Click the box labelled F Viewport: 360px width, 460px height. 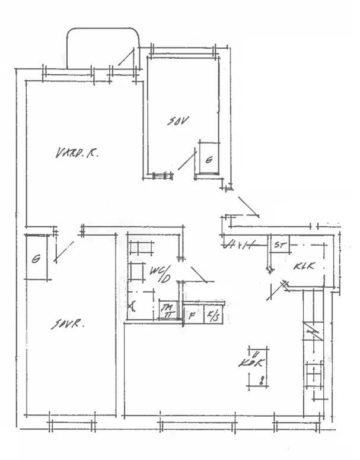192,315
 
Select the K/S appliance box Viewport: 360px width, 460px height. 212,315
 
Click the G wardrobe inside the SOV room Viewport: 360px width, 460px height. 208,158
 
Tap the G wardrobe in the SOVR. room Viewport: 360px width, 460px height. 37,258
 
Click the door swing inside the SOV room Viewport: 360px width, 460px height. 187,160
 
